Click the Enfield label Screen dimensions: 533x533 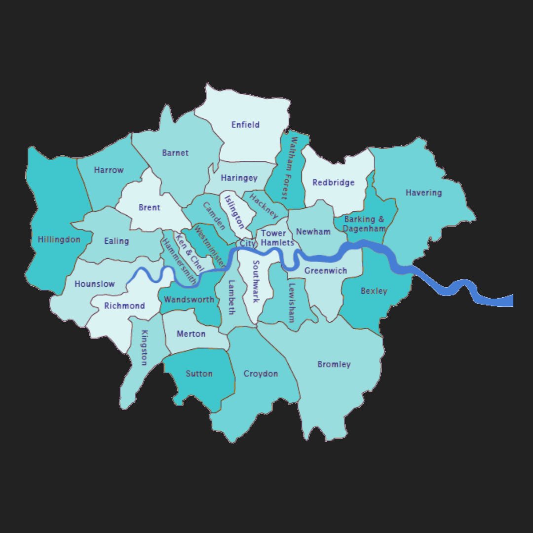245,125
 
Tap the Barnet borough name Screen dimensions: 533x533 175,153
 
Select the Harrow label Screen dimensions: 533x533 109,170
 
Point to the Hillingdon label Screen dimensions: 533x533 59,240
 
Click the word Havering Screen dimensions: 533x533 423,192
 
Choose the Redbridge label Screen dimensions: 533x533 334,183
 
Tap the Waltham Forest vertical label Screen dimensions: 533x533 289,168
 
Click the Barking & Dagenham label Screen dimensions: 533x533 364,224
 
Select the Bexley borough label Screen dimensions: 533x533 374,291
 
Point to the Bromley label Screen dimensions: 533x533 334,365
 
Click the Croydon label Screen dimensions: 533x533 261,374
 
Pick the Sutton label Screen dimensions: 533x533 199,374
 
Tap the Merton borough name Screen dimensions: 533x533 191,334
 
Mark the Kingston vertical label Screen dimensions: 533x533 144,348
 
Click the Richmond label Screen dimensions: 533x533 124,306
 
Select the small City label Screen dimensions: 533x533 247,244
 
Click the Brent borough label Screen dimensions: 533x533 149,208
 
